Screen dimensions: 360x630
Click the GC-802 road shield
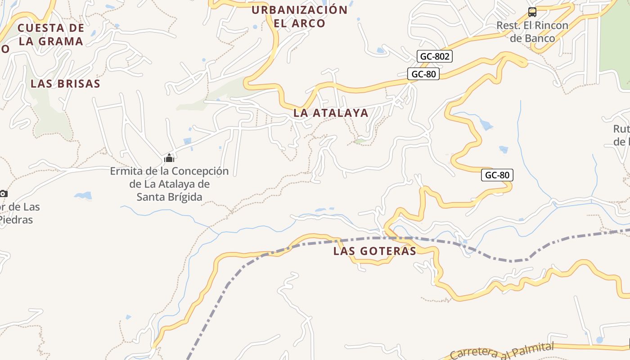(435, 56)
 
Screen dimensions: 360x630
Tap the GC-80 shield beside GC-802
(423, 74)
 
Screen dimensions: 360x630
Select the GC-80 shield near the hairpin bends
(497, 175)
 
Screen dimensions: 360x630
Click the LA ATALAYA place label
(331, 113)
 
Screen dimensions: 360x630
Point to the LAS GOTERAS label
(375, 251)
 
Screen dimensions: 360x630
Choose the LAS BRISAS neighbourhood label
(65, 84)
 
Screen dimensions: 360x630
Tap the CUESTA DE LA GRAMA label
(51, 34)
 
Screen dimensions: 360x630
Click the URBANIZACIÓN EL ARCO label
(300, 17)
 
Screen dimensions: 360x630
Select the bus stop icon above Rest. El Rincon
(532, 12)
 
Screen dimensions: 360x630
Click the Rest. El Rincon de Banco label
(532, 31)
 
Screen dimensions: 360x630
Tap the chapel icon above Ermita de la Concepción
(169, 158)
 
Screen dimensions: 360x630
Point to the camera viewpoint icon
(3, 193)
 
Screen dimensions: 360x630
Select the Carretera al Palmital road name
(502, 351)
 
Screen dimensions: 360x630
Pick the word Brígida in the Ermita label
(184, 197)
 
